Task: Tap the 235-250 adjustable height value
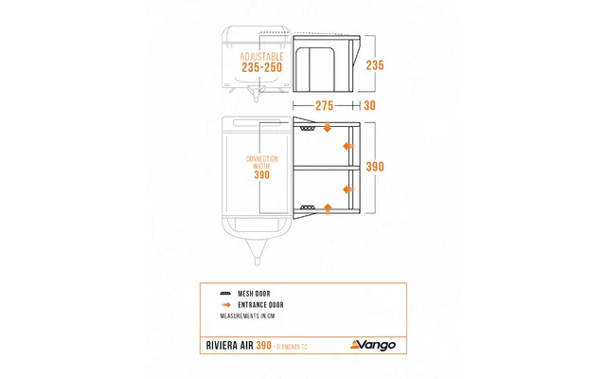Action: pyautogui.click(x=262, y=68)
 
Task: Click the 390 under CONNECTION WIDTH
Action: pyautogui.click(x=262, y=174)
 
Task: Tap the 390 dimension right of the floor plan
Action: pyautogui.click(x=376, y=167)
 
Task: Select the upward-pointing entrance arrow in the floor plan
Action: pyautogui.click(x=328, y=206)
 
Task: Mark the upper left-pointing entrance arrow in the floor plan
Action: pyautogui.click(x=348, y=146)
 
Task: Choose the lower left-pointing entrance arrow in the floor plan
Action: pyautogui.click(x=348, y=186)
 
